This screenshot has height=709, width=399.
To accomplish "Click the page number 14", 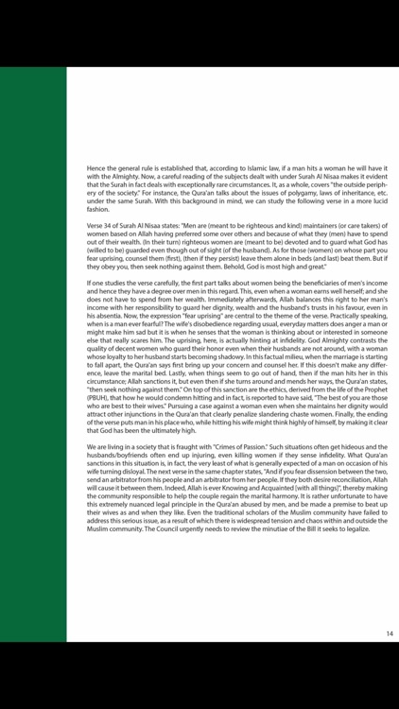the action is pyautogui.click(x=389, y=633).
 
